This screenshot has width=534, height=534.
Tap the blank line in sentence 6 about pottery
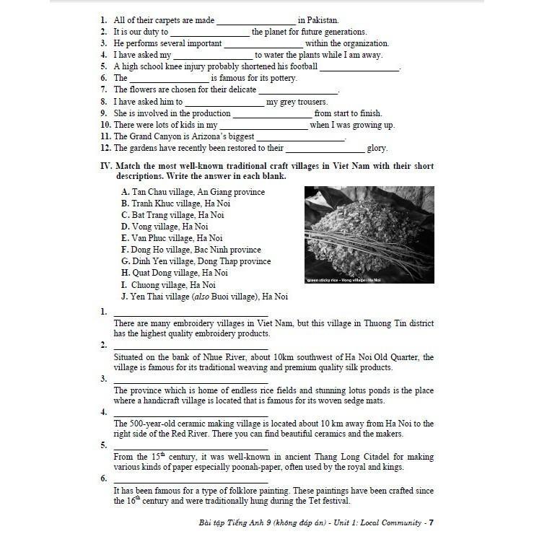170,79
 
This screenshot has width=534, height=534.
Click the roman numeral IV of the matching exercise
106,166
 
